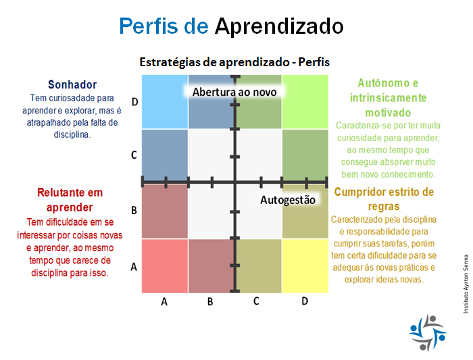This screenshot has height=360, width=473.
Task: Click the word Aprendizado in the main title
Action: pos(279,26)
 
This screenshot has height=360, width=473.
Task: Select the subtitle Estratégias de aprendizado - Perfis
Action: pos(234,62)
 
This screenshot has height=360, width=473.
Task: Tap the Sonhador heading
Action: pos(72,84)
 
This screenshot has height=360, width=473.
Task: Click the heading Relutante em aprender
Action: pos(70,200)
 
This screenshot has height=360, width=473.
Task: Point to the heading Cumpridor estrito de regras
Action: pos(384,199)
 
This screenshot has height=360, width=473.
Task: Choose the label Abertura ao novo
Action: pos(234,92)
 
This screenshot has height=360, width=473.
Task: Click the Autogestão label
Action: pos(288,200)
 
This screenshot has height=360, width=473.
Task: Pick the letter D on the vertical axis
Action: pos(135,102)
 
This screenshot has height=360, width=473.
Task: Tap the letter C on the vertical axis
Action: pos(134,155)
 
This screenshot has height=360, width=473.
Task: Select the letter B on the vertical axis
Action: pos(134,210)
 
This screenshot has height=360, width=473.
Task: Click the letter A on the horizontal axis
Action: pos(164,301)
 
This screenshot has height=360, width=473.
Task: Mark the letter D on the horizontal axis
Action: pos(305,301)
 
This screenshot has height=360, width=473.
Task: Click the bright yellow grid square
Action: pos(305,265)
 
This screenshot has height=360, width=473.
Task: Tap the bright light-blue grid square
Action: pos(165,102)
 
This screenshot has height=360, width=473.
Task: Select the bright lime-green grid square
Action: pos(305,102)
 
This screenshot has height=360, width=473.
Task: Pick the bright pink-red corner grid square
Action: pos(165,265)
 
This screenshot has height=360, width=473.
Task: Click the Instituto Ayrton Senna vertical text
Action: pos(466,284)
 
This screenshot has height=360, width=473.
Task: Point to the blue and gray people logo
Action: pos(428,333)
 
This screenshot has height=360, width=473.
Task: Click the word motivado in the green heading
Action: pos(388,113)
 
